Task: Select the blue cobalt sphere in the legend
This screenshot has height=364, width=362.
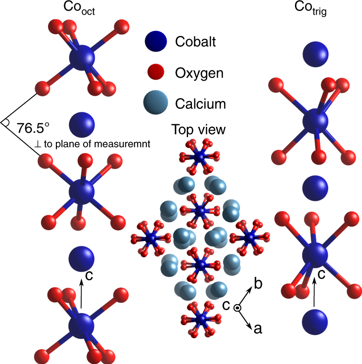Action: (156, 42)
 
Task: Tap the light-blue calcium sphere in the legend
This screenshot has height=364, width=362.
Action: (156, 104)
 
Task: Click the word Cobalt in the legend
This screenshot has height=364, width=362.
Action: (195, 42)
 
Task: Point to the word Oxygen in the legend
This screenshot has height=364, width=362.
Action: (199, 73)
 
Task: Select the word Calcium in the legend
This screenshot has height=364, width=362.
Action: (201, 104)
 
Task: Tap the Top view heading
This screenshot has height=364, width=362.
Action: (198, 130)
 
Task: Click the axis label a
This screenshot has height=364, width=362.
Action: (258, 329)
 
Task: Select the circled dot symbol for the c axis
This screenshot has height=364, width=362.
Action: (237, 308)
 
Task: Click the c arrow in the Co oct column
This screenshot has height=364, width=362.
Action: (81, 292)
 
